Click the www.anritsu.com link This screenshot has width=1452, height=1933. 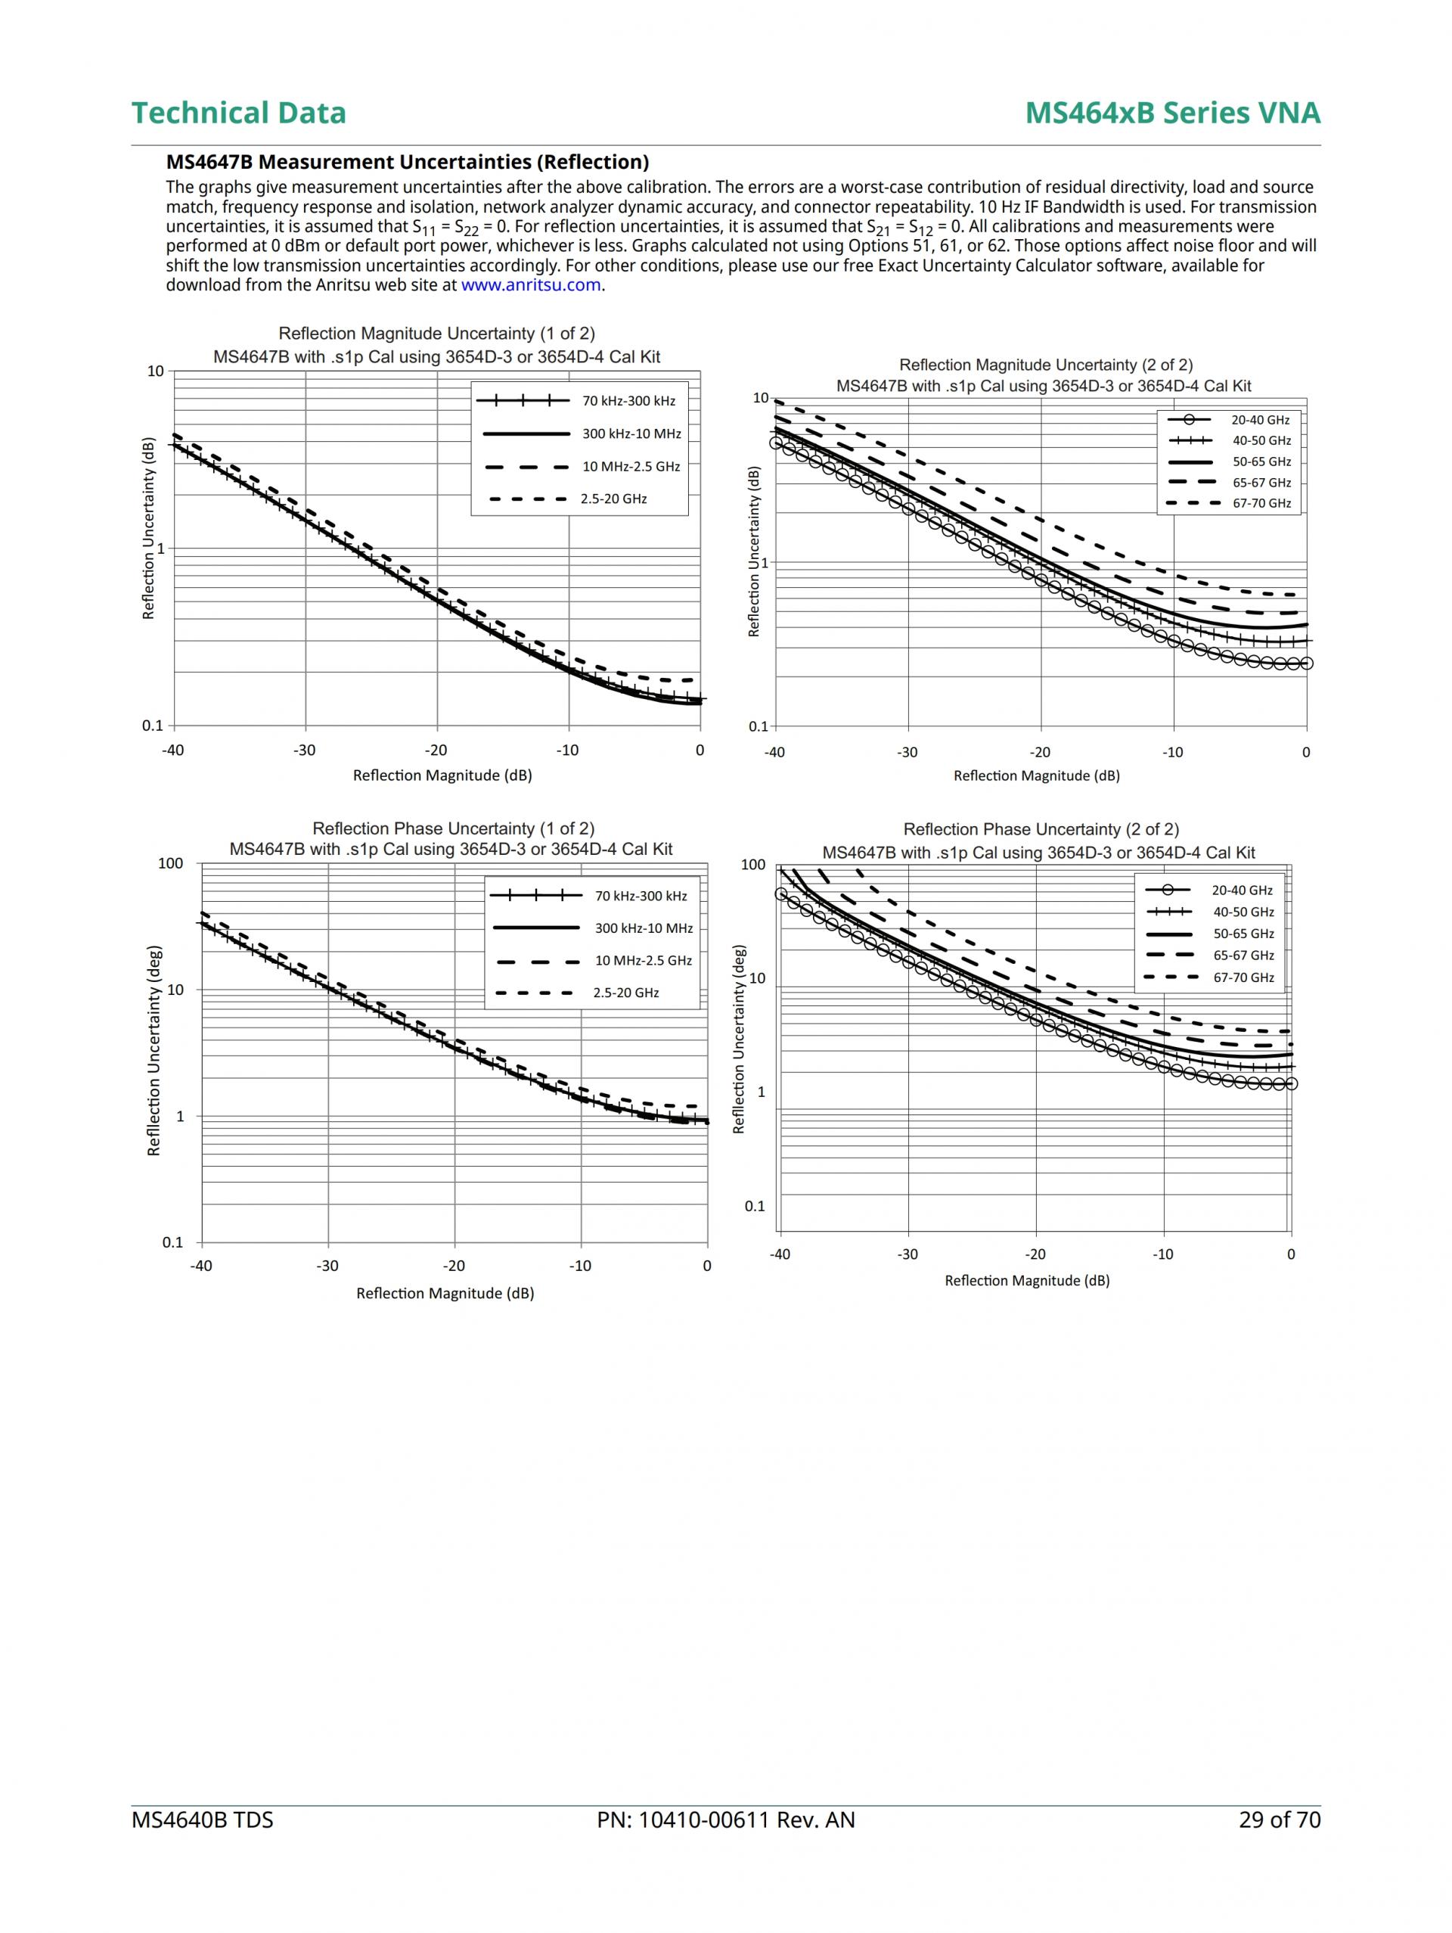click(530, 285)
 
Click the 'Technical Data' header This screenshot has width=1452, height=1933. click(238, 113)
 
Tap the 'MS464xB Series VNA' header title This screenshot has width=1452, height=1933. click(1171, 113)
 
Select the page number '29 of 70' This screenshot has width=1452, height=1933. click(1279, 1820)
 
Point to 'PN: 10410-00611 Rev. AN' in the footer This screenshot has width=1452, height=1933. click(725, 1820)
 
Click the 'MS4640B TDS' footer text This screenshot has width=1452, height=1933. click(202, 1820)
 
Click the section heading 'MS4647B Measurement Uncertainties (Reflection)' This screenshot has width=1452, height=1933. click(407, 162)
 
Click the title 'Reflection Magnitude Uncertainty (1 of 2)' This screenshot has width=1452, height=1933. click(436, 334)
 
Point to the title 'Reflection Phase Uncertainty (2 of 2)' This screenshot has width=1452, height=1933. click(1041, 829)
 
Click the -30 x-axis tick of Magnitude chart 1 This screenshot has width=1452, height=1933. click(304, 751)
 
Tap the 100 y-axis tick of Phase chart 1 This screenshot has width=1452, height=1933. click(171, 864)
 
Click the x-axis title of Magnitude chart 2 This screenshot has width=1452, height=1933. click(1036, 776)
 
